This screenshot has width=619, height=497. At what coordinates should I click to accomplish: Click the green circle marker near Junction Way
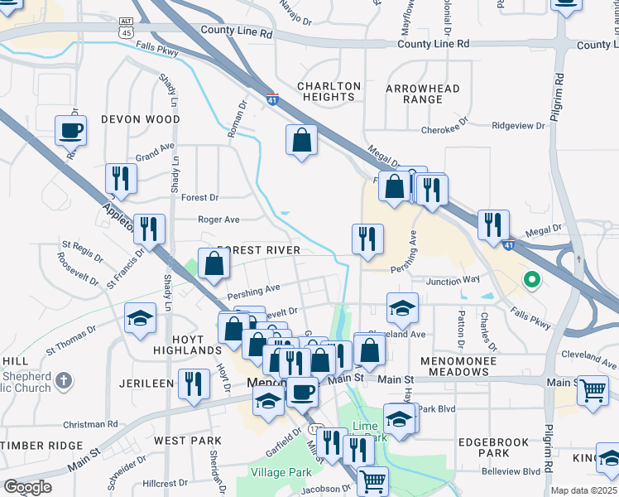coord(531,280)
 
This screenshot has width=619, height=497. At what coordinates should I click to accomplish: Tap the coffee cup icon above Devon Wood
coord(70,131)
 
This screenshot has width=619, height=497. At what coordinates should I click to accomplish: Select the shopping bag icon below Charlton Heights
coord(302,140)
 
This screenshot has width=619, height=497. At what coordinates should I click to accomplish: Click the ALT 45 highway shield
coord(125,28)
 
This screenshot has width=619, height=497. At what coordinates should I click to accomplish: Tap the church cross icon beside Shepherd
coord(65,381)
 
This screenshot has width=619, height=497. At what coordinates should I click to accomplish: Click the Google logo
coord(27,486)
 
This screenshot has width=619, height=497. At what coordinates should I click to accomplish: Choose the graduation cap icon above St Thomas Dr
coord(140,318)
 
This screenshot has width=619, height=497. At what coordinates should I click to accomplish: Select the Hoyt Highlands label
coord(187,345)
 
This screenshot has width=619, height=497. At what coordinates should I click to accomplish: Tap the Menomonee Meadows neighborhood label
coord(466,366)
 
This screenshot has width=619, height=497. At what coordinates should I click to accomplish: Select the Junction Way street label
coord(453,281)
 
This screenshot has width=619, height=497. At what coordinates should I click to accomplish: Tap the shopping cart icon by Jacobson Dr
coord(372,480)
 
